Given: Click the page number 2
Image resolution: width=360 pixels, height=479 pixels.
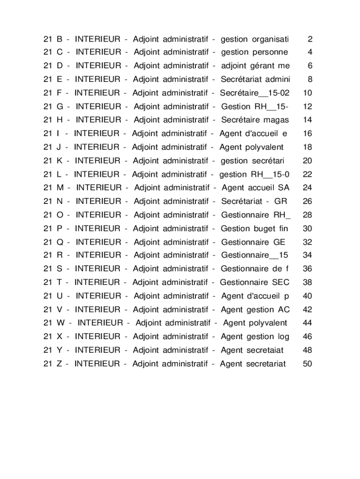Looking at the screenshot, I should tap(310, 39).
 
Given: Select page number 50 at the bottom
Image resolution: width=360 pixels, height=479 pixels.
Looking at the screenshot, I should tap(307, 364).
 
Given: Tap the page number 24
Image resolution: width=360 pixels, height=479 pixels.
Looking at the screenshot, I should tap(307, 188).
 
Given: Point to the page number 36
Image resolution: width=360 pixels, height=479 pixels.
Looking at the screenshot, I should tap(307, 269).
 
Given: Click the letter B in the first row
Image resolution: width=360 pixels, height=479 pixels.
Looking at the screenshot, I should tap(59, 39).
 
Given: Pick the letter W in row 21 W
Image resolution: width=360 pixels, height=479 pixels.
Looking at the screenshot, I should tap(61, 323).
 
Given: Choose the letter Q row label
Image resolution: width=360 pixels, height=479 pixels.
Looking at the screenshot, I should tap(60, 242).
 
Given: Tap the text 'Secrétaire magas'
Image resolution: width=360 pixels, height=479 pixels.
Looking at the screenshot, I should tap(255, 120).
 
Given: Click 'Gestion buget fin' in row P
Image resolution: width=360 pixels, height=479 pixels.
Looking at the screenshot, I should tap(254, 229).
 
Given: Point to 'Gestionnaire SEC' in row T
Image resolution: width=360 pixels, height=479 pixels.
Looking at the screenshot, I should tap(254, 283).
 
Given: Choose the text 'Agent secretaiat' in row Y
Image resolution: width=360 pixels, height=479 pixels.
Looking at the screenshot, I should tap(252, 350).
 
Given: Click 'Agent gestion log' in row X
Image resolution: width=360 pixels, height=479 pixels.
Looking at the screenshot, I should tap(255, 337).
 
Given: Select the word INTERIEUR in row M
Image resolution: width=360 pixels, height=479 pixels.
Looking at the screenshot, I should tap(99, 188).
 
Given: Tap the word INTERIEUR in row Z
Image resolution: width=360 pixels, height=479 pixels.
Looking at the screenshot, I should tap(97, 364).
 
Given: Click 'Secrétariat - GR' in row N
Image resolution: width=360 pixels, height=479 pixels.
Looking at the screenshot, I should tap(254, 202).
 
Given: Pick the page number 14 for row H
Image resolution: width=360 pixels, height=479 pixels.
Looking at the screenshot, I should tap(307, 120).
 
